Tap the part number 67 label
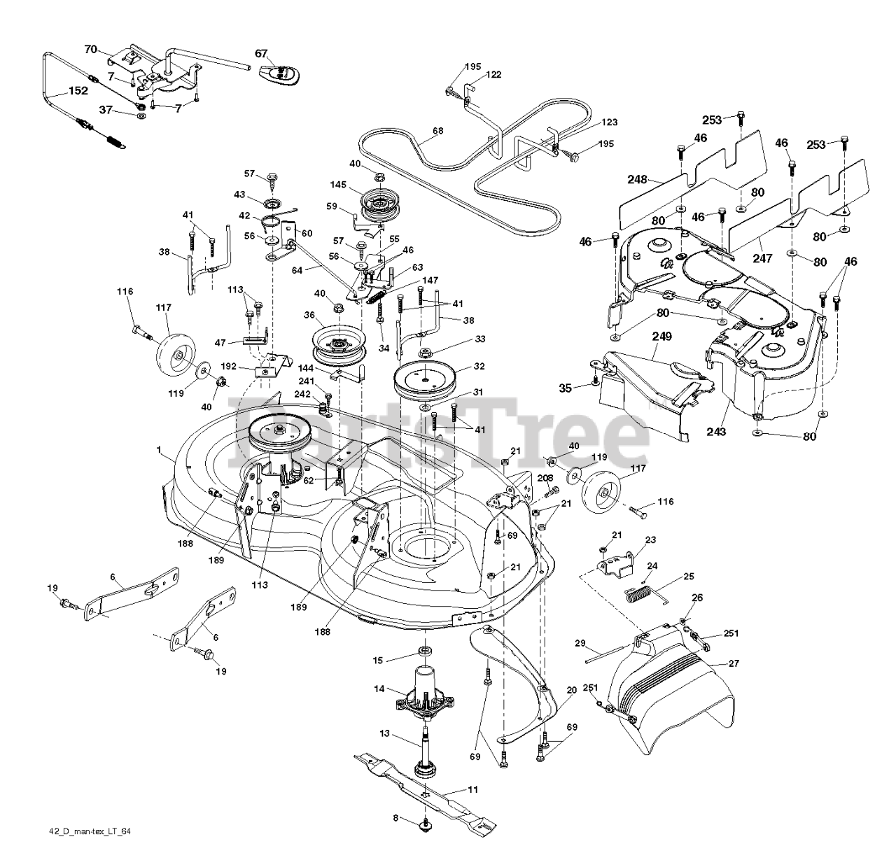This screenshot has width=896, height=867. [260, 54]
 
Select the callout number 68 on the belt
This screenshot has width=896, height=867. [437, 131]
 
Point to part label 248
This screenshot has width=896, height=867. [637, 180]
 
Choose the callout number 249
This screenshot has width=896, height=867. [661, 337]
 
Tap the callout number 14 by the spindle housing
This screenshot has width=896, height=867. [379, 689]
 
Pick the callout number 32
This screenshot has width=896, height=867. [479, 365]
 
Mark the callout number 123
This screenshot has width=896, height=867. [609, 122]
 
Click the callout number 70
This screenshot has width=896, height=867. [90, 49]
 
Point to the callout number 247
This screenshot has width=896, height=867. [762, 259]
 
